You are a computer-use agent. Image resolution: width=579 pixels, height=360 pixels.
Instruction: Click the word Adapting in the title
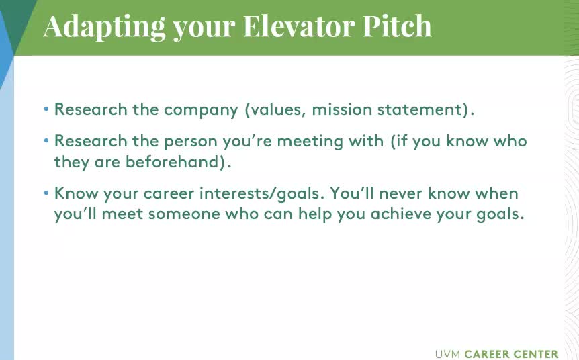coord(104,27)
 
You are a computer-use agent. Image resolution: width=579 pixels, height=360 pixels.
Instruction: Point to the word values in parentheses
coord(275,109)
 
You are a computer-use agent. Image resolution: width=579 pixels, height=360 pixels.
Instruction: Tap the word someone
coord(184,214)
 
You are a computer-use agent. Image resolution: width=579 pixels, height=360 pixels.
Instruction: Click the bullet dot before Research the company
coord(46,109)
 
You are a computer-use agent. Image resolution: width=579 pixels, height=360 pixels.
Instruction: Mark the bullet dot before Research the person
coord(46,140)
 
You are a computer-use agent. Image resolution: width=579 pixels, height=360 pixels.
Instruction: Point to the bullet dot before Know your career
coord(46,193)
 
